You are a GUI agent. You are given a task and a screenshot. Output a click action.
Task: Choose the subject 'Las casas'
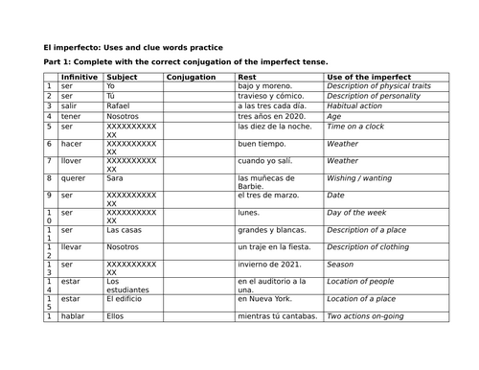125,230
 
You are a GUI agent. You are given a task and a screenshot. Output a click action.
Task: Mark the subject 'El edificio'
126,299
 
